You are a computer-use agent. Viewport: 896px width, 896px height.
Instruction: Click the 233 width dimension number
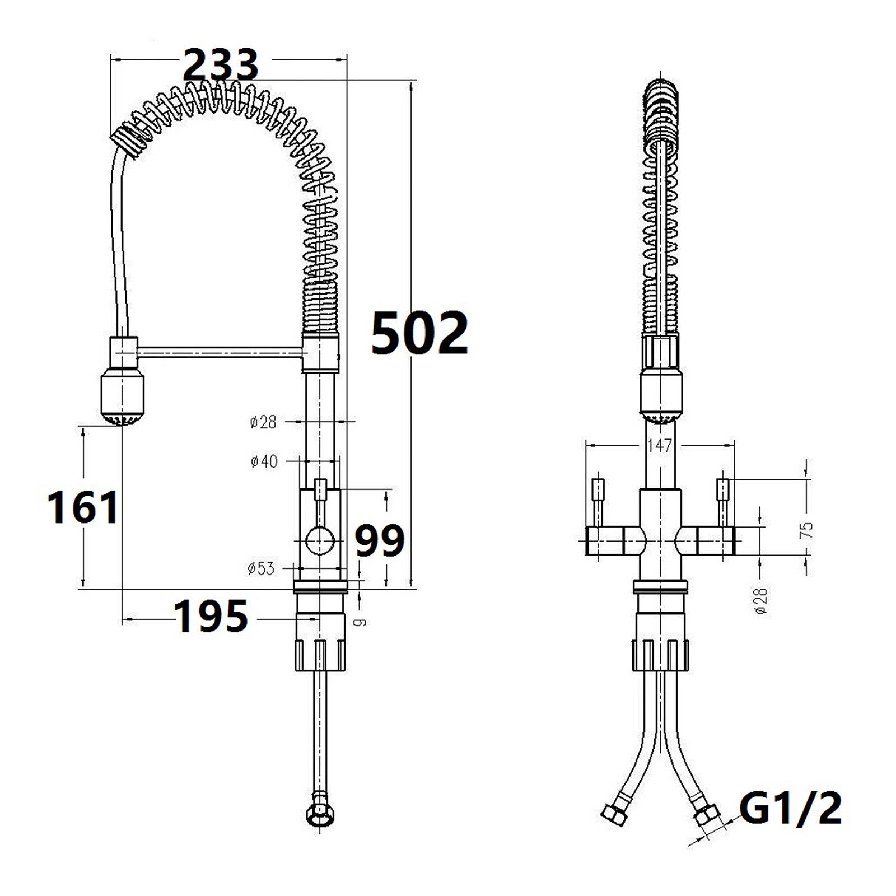point(221,64)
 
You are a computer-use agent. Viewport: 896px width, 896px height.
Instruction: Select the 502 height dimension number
point(420,334)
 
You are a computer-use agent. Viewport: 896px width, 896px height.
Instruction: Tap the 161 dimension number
point(84,507)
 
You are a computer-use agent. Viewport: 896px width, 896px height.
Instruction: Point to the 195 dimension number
point(212,616)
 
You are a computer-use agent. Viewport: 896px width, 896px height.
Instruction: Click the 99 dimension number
point(380,540)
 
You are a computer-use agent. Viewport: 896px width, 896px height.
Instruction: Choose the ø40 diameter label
point(264,461)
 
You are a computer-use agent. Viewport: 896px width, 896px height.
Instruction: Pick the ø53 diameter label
point(261,568)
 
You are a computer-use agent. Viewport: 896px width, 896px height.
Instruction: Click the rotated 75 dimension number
point(807,529)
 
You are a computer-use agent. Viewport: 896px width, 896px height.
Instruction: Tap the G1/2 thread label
point(790,808)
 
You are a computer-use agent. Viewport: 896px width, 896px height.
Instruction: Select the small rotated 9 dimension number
point(362,621)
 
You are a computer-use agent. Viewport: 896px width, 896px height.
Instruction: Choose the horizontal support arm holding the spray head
point(220,351)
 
